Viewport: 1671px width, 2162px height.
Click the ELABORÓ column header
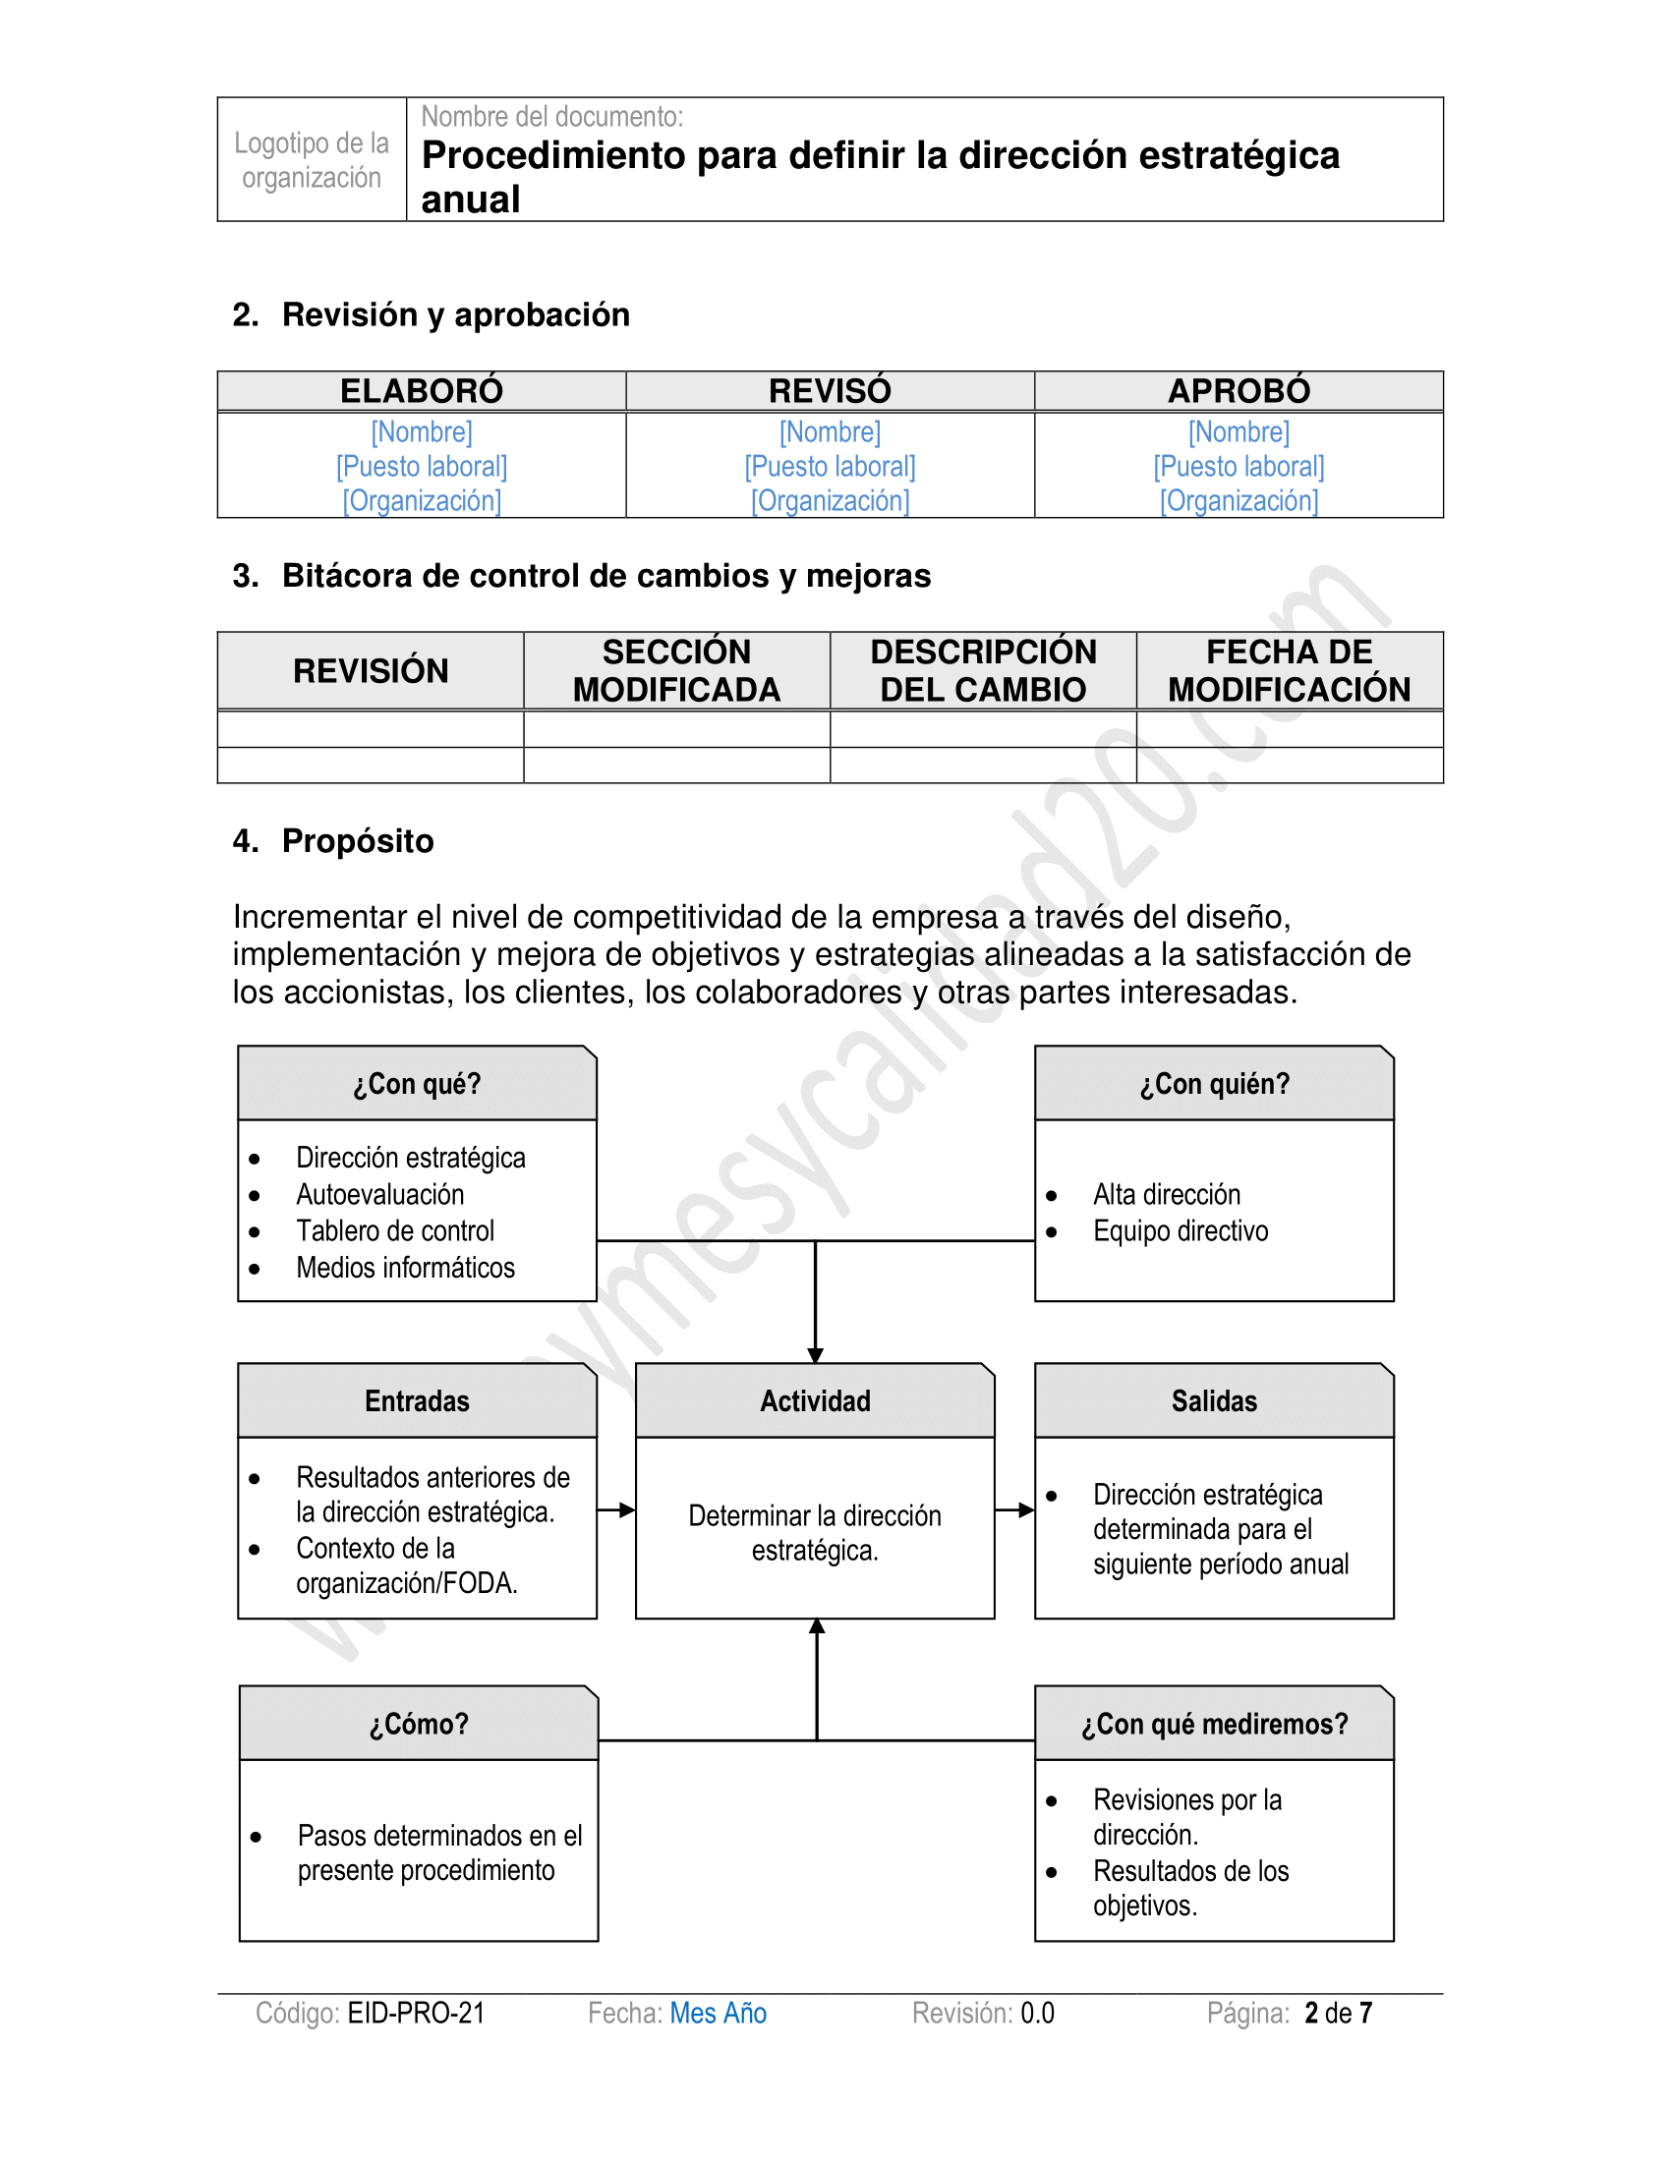click(422, 391)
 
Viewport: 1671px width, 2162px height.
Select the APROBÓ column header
click(1239, 391)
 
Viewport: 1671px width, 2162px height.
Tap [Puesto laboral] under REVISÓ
click(830, 466)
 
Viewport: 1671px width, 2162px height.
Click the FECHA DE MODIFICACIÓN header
click(1289, 670)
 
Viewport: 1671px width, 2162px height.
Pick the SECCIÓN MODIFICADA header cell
click(676, 670)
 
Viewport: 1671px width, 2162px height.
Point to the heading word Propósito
click(358, 840)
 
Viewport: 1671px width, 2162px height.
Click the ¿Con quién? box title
click(1214, 1084)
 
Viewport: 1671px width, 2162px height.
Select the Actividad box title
click(815, 1400)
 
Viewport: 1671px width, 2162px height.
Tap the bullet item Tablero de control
click(395, 1230)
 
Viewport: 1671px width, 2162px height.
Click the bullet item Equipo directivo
click(1180, 1230)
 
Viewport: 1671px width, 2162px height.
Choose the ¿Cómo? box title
click(419, 1724)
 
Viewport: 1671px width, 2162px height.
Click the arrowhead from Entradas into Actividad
click(627, 1510)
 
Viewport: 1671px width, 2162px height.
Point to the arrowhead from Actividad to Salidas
click(1026, 1510)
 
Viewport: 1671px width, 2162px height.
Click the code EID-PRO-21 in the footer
click(417, 2013)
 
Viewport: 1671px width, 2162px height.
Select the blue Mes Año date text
click(718, 2013)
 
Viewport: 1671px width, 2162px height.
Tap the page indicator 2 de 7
click(1338, 2013)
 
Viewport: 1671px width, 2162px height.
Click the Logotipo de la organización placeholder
click(312, 159)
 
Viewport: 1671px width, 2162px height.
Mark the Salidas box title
click(1214, 1400)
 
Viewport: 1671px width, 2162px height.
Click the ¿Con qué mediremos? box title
click(1214, 1724)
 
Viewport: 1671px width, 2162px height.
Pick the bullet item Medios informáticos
click(405, 1267)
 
